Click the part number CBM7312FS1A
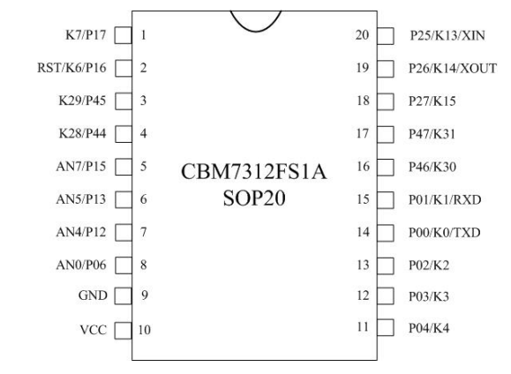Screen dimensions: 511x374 253,172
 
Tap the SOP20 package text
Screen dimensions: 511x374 254,198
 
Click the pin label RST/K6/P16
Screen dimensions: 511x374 71,68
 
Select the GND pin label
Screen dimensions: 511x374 93,295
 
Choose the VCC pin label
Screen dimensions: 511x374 94,330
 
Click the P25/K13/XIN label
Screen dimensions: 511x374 447,35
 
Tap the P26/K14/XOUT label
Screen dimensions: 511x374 453,69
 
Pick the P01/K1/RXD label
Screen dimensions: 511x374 445,199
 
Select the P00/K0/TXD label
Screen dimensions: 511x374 445,233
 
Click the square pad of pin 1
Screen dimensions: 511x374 124,35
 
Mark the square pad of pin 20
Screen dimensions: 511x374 386,36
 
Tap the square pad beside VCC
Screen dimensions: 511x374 124,331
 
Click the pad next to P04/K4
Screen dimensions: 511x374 386,327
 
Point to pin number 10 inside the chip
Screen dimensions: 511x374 145,330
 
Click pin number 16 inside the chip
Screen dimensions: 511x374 364,167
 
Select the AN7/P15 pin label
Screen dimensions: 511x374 81,167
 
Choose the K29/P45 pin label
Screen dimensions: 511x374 82,101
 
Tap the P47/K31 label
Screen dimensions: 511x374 432,134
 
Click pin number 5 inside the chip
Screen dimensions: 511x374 143,167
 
